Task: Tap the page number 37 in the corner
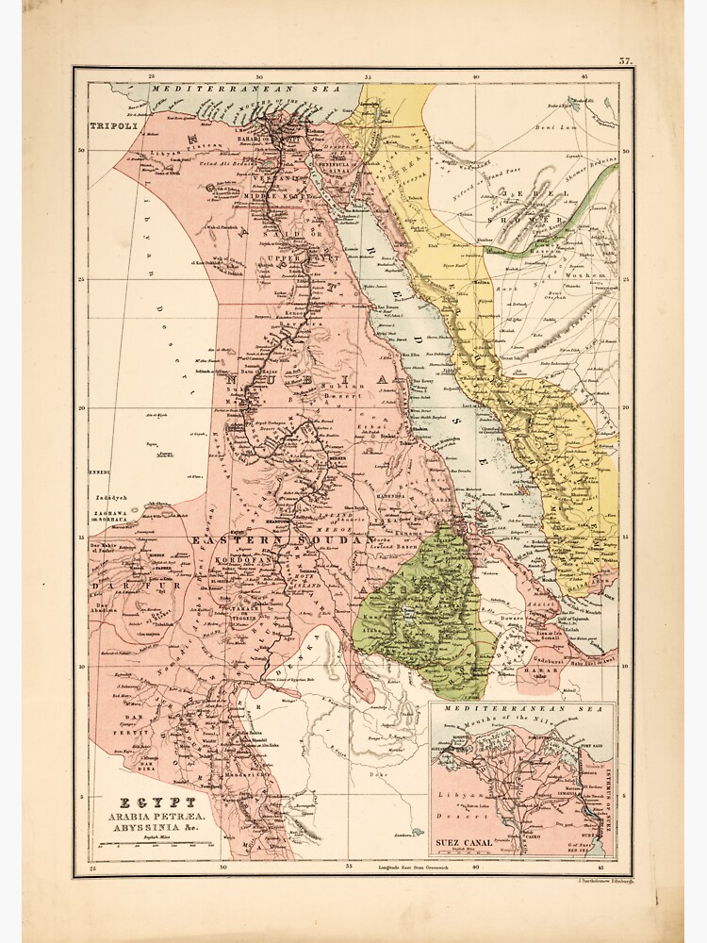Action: [x=625, y=61]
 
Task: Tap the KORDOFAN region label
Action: [x=244, y=560]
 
